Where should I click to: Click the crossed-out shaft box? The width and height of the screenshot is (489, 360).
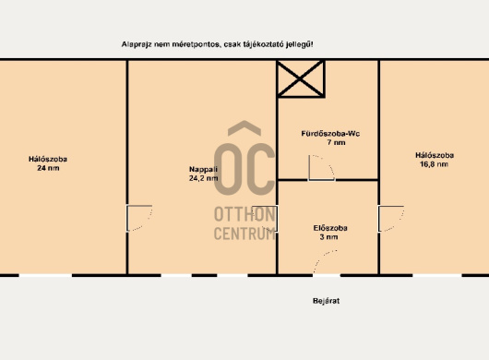(301, 79)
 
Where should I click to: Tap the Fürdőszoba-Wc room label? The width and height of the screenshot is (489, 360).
(330, 134)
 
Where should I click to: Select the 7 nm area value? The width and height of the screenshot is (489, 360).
(336, 142)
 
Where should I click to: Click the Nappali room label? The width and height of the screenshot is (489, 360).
(203, 170)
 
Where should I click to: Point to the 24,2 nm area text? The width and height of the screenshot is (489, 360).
(203, 178)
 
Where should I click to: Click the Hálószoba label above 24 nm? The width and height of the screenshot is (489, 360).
(48, 159)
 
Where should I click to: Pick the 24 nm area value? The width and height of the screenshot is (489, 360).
(48, 168)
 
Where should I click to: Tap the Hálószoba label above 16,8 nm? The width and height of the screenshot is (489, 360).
(435, 155)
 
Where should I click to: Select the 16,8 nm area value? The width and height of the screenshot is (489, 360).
(435, 164)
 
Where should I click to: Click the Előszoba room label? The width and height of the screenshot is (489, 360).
(330, 228)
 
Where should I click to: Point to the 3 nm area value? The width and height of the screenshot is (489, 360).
(328, 237)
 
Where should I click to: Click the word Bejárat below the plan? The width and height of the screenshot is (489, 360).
(326, 301)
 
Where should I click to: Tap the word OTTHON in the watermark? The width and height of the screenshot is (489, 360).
(244, 214)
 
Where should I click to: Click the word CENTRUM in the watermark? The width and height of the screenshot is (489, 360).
(244, 233)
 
